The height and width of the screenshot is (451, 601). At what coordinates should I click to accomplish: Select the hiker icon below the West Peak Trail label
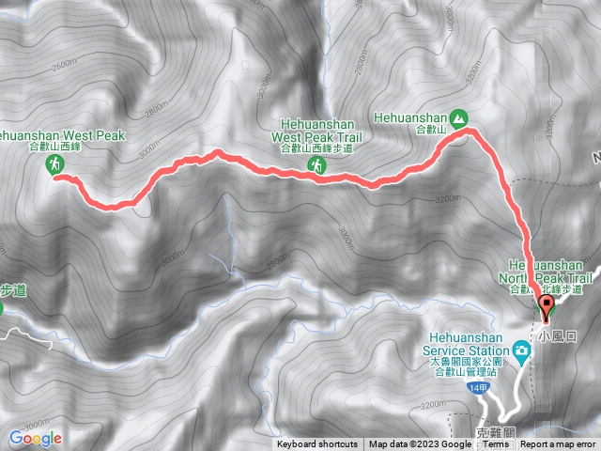click(319, 166)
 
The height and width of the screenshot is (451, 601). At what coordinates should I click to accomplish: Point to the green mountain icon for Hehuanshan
click(458, 118)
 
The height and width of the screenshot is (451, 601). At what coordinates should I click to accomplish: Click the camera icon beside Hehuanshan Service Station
click(520, 350)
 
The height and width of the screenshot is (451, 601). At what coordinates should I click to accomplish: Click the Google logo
click(35, 438)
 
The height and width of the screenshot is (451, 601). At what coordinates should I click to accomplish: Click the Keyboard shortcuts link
click(316, 444)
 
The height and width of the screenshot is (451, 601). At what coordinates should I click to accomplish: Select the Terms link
click(496, 444)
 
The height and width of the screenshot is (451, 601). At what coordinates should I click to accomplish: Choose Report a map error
click(559, 444)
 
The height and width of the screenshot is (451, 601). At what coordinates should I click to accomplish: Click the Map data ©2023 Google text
click(420, 444)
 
